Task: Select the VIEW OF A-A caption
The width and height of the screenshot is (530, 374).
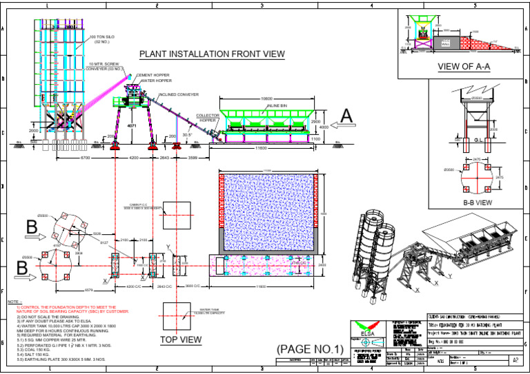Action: coord(463,67)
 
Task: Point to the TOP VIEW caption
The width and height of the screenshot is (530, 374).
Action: coord(181,340)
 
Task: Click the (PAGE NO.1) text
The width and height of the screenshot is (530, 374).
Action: coord(309,349)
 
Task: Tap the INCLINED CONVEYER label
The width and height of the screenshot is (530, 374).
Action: coord(178,94)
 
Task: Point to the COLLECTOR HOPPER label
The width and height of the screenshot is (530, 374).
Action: coord(207,118)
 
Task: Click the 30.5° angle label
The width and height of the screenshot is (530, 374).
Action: coord(186,135)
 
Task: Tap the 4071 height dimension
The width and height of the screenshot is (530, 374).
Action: coord(132,127)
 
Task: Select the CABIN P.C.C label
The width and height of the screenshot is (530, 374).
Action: coord(141,205)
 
